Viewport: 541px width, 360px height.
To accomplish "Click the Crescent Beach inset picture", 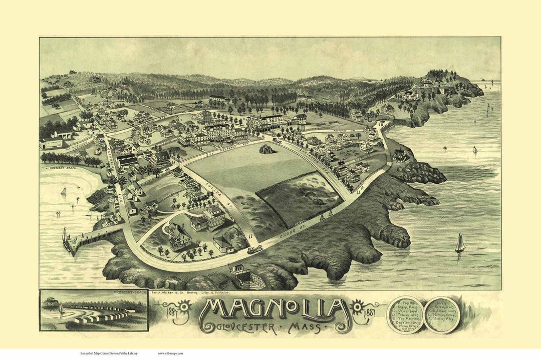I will pos(94,311).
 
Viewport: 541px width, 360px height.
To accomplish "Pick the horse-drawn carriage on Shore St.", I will pos(255,249).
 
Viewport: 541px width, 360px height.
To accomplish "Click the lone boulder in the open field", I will pos(266,149).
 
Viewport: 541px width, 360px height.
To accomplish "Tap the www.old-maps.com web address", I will pos(170,353).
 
